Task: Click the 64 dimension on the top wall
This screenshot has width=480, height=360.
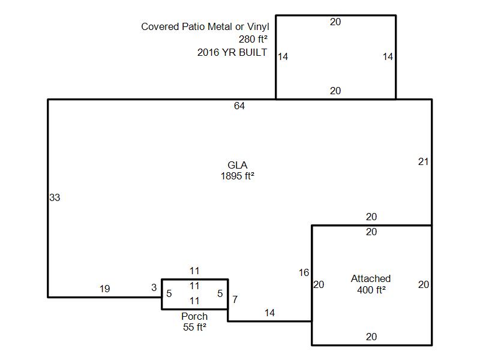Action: [239, 106]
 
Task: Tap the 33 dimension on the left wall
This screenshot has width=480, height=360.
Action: [55, 197]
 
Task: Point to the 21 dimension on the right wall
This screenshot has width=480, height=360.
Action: [424, 161]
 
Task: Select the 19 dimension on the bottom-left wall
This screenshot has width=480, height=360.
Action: [104, 289]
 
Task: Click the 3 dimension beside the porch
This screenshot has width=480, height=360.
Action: [154, 287]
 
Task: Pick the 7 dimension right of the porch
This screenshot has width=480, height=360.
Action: [235, 299]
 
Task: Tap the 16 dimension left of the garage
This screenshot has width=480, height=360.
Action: [304, 272]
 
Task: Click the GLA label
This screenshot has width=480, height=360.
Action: [238, 166]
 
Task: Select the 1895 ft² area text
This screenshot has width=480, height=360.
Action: [238, 176]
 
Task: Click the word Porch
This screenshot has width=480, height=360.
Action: [194, 316]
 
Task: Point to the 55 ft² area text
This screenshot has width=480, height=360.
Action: [194, 327]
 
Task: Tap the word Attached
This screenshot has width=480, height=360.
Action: [371, 278]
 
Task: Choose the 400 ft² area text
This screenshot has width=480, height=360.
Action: [371, 290]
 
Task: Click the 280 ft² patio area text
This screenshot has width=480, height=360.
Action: [253, 39]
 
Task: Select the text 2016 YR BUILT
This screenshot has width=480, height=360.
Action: [232, 52]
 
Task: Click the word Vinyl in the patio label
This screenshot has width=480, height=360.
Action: [258, 27]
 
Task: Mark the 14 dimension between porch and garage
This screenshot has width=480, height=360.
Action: [269, 313]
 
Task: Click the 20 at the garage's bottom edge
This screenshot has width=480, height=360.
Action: [371, 337]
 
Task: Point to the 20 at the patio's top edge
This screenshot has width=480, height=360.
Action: [335, 22]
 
